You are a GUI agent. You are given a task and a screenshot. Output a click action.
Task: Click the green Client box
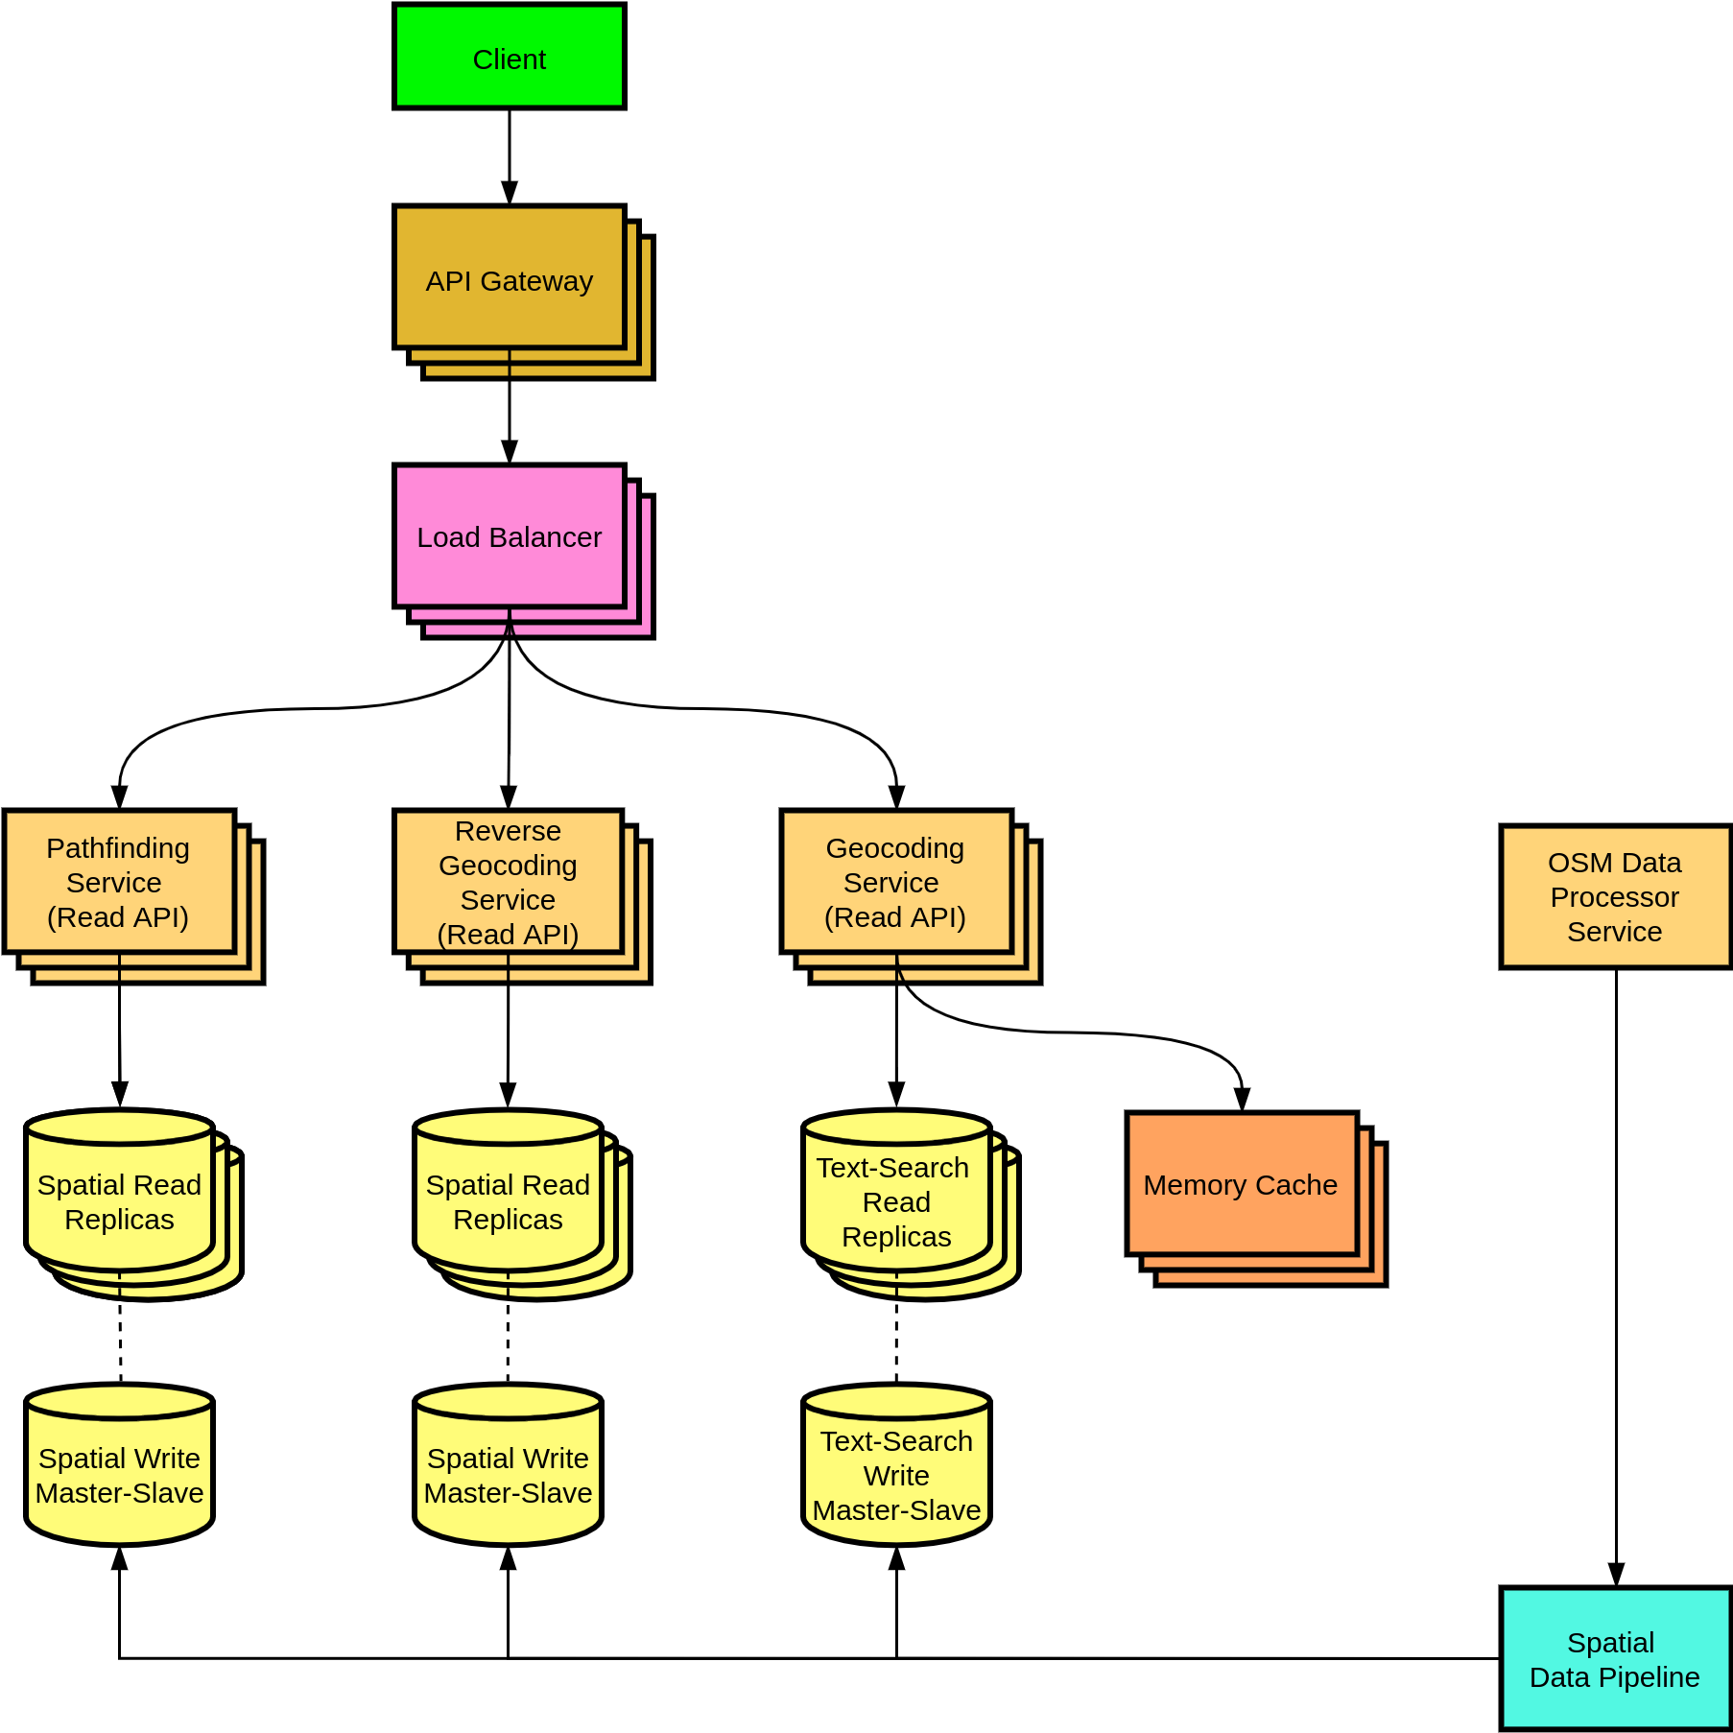pyautogui.click(x=509, y=57)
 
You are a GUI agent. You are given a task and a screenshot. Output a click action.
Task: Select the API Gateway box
pyautogui.click(x=509, y=277)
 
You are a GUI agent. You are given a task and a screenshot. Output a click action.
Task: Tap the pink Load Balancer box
pyautogui.click(x=509, y=536)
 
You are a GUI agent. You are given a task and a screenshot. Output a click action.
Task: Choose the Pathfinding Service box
pyautogui.click(x=119, y=882)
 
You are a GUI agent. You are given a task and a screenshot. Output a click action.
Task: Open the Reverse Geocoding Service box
pyautogui.click(x=508, y=882)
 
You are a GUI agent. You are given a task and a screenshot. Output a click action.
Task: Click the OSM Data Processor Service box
pyautogui.click(x=1615, y=896)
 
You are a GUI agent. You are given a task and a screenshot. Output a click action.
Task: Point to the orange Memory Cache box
pyautogui.click(x=1241, y=1184)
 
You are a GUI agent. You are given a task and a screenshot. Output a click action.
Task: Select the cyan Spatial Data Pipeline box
pyautogui.click(x=1615, y=1658)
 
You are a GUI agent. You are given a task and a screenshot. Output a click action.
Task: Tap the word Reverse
pyautogui.click(x=508, y=831)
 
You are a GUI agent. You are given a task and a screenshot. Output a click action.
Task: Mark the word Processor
pyautogui.click(x=1615, y=897)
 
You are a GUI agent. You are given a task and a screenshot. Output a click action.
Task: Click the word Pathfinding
pyautogui.click(x=118, y=848)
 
